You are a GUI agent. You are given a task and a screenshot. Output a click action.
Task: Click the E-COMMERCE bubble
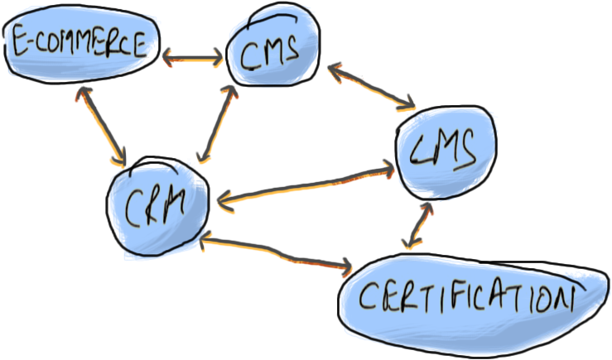(x=79, y=46)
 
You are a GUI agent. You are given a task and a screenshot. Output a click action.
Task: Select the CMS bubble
(x=273, y=51)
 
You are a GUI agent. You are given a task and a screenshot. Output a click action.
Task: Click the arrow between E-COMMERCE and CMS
(x=192, y=58)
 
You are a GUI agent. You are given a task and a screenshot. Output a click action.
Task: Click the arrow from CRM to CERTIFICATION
(x=277, y=253)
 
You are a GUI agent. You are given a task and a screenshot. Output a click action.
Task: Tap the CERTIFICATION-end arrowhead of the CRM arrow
(x=345, y=266)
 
